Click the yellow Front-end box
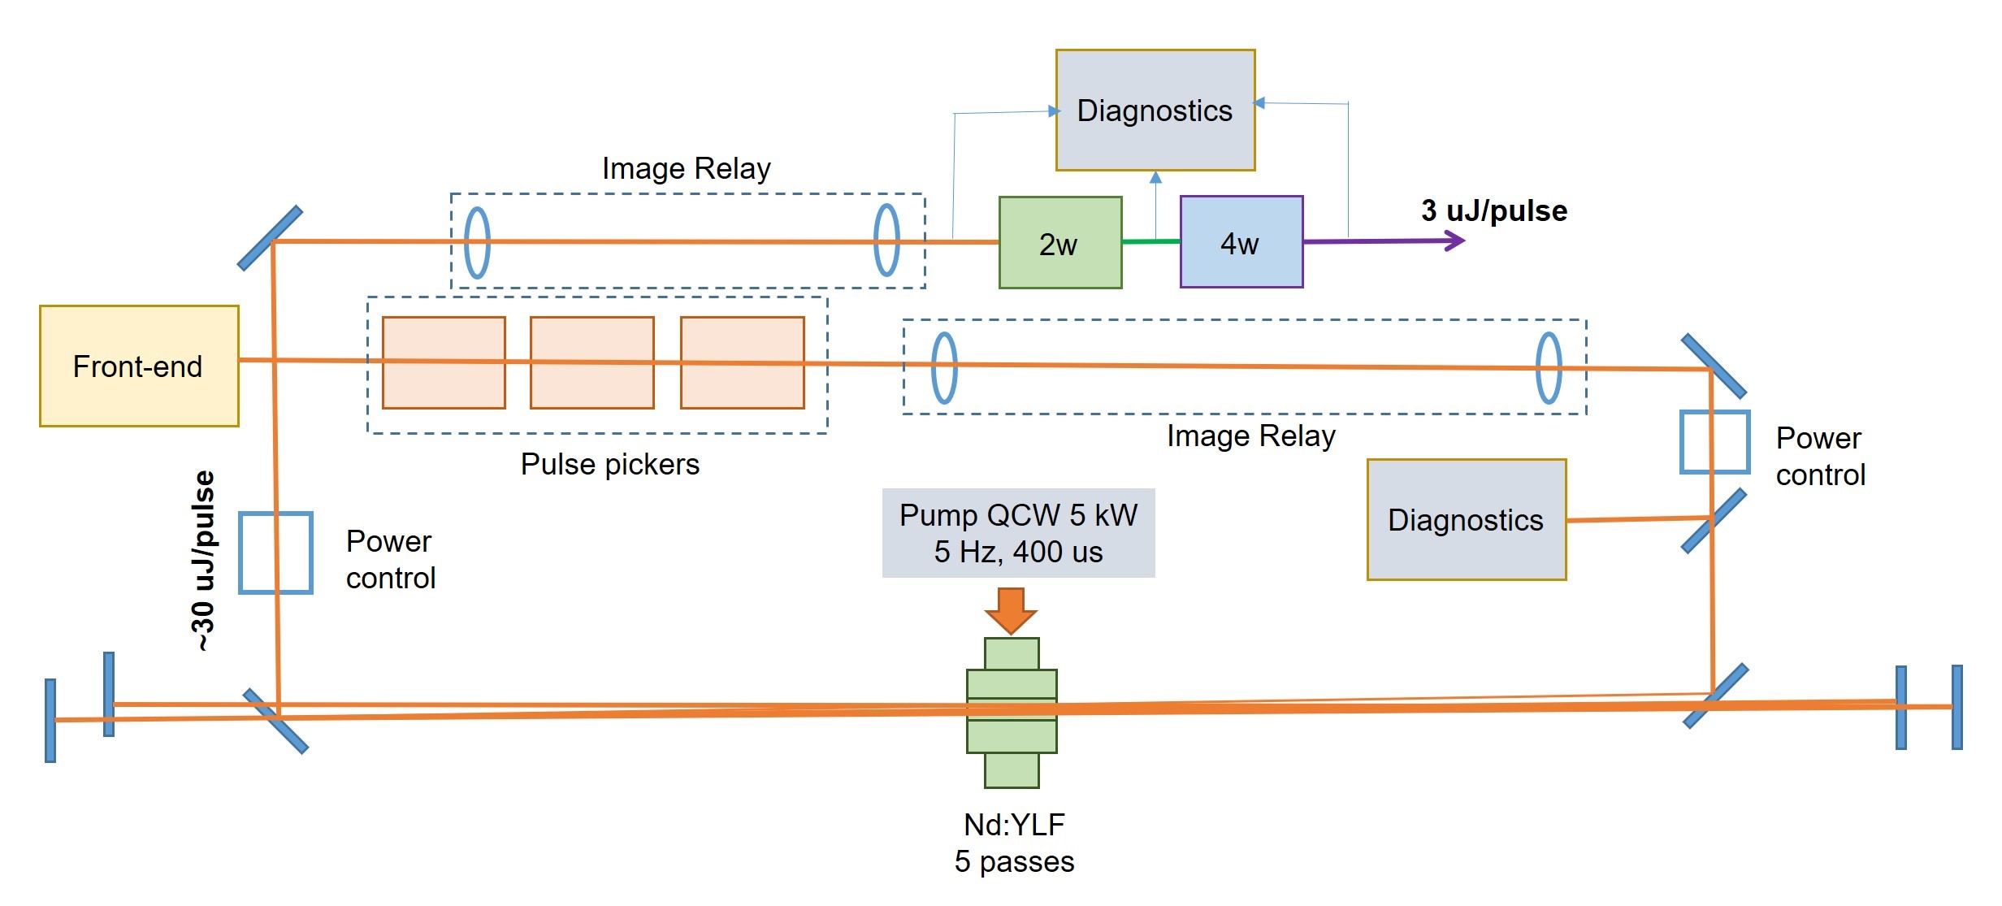coord(139,366)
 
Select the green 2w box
coord(1059,242)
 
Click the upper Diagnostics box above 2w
coord(1155,111)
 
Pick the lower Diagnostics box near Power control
coord(1466,520)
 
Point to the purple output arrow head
coord(1457,241)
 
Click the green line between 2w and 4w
coord(1150,241)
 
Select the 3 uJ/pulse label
coord(1493,210)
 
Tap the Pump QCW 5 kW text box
coord(1018,533)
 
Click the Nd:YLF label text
coord(1014,825)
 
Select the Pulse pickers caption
coord(609,464)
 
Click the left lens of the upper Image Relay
coord(477,242)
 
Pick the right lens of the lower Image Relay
coord(1549,368)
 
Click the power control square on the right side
coord(1714,442)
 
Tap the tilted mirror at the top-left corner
coord(270,238)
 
